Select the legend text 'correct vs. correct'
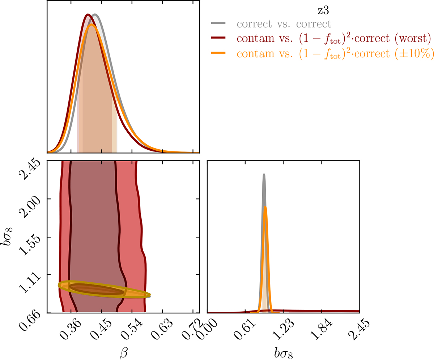pyautogui.click(x=284, y=24)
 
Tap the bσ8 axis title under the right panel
pyautogui.click(x=283, y=349)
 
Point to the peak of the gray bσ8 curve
pyautogui.click(x=264, y=174)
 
